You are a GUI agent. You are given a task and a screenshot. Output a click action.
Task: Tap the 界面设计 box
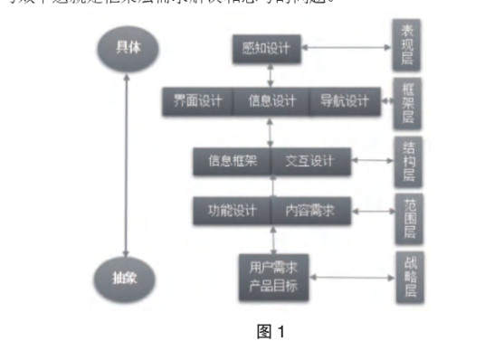coord(197,101)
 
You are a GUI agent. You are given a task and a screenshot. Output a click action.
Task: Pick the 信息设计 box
coord(271,101)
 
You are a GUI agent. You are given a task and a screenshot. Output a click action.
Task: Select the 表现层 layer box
coord(408,44)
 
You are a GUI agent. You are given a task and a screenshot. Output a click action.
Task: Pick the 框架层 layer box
coord(408,101)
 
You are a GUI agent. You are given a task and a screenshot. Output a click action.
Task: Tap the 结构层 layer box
coord(408,161)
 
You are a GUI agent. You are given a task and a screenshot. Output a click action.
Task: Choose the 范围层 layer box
coord(408,218)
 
